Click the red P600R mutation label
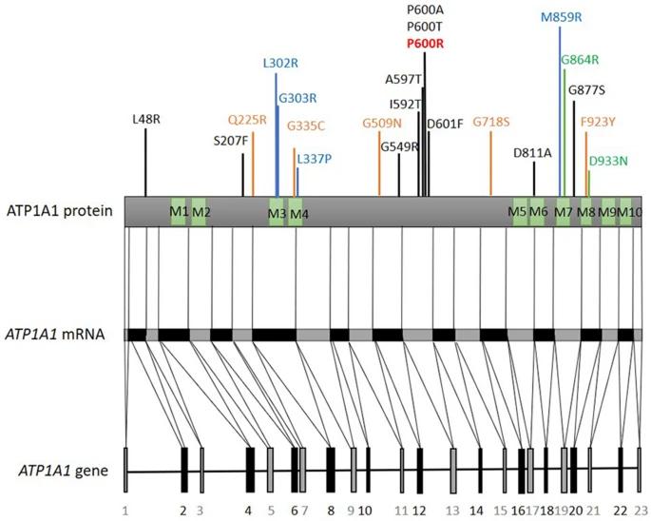425,44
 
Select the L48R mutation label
146,120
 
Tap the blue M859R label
561,17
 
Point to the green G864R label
580,60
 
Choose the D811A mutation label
532,152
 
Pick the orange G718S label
491,122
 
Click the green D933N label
608,161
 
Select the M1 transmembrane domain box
178,210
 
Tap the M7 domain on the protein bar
564,210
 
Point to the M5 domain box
517,210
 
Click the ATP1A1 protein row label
61,210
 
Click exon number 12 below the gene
419,511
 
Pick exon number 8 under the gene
331,511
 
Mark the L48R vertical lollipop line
145,162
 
